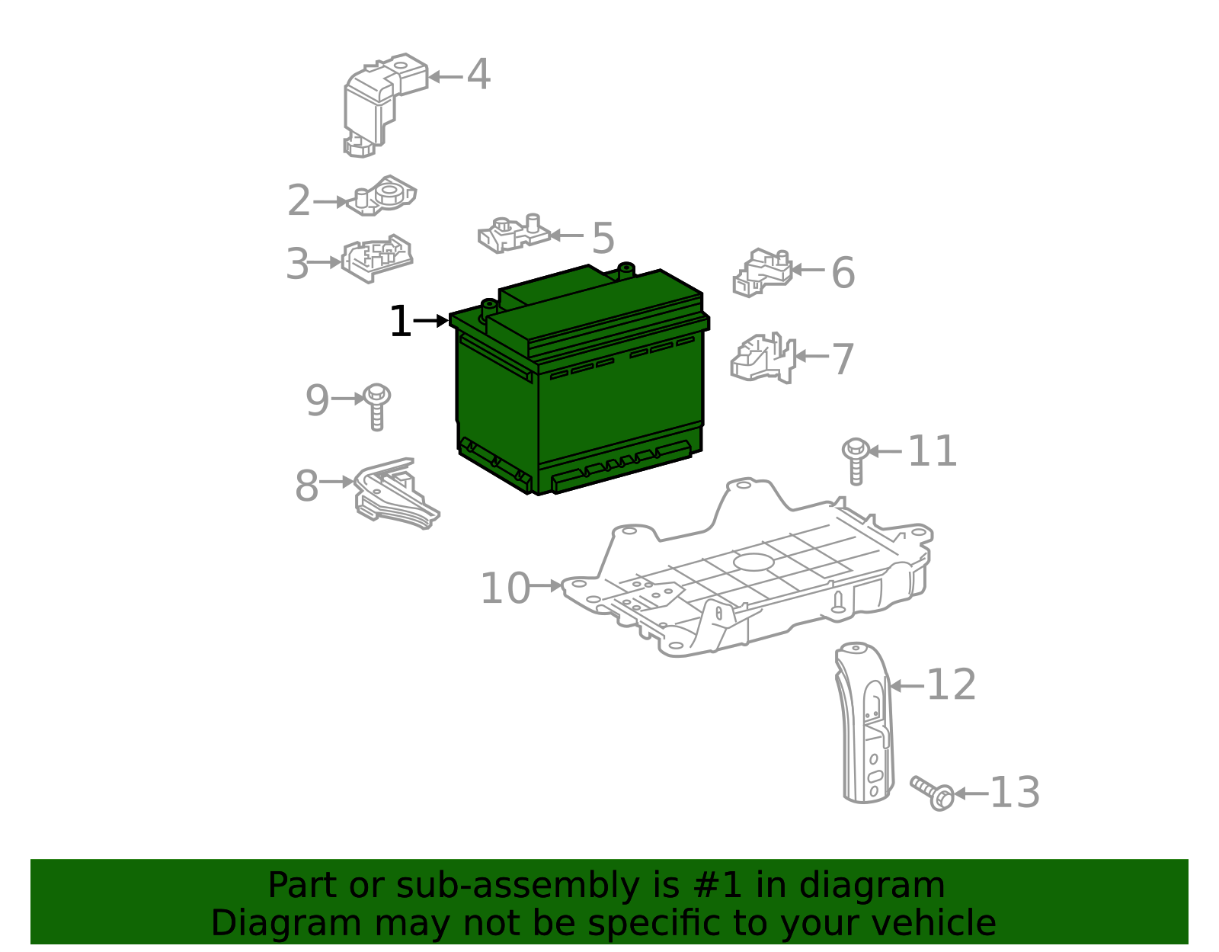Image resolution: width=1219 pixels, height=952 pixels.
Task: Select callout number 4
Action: click(x=478, y=74)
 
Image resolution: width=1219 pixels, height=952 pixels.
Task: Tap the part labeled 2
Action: click(x=382, y=196)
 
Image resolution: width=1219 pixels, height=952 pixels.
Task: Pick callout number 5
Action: click(x=603, y=238)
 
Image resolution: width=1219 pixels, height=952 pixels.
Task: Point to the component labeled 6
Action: click(x=763, y=273)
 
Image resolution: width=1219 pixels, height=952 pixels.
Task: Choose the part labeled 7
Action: click(x=763, y=358)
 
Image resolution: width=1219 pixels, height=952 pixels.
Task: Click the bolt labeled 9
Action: click(x=377, y=408)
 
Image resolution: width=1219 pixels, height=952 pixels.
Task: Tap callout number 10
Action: click(x=505, y=588)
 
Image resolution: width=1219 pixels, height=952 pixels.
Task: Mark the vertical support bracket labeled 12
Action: click(x=865, y=723)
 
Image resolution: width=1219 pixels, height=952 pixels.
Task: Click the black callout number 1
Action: click(x=401, y=321)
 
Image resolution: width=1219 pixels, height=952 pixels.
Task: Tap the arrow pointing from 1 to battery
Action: click(x=430, y=321)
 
